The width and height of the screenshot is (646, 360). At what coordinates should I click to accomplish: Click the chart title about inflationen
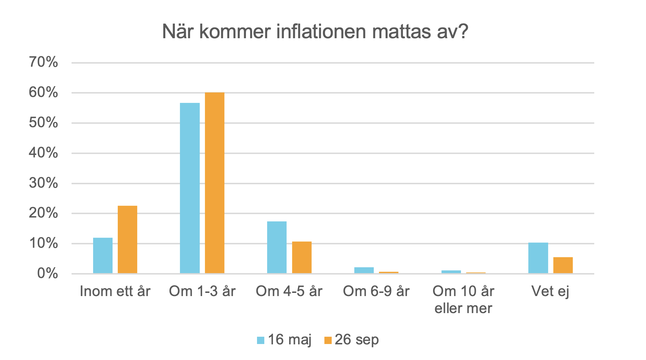315,32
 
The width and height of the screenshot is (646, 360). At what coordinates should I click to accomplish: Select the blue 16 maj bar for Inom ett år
103,255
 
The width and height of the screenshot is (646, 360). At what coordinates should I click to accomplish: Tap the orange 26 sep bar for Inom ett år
127,239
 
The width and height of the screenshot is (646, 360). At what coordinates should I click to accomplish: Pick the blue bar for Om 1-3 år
190,188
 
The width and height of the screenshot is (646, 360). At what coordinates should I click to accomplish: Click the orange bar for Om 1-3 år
215,183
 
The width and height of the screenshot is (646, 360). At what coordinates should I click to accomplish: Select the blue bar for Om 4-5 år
277,247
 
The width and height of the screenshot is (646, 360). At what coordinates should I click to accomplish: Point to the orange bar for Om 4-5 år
302,257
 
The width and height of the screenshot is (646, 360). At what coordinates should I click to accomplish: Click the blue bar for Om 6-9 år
364,270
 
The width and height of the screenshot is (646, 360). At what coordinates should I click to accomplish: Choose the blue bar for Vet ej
538,258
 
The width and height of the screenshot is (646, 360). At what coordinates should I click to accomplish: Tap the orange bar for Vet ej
563,265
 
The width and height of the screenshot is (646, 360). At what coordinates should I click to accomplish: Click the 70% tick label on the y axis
43,63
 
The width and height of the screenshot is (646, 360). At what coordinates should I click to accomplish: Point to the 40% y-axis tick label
43,153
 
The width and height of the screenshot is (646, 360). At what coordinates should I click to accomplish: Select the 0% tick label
47,273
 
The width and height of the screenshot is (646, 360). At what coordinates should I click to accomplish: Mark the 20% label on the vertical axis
43,213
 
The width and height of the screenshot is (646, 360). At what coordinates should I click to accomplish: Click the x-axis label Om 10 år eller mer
463,300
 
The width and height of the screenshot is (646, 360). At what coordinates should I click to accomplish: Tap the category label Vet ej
550,291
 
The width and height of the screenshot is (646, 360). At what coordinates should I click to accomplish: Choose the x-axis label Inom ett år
115,291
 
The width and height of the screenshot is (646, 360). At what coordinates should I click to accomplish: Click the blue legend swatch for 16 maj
260,340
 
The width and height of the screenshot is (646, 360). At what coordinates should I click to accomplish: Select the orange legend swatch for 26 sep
328,340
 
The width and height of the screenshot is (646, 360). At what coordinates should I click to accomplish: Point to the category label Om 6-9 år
376,291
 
